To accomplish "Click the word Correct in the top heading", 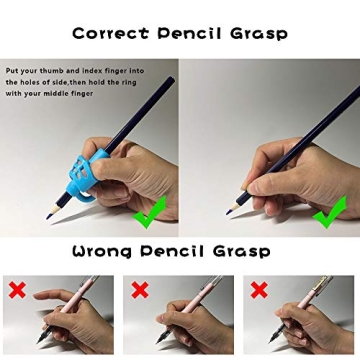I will pos(111,32).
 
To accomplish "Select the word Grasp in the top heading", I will pos(258,32).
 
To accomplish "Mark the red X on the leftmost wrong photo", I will pos(18,290).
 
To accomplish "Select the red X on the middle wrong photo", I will pos(139,290).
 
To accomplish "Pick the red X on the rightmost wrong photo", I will pos(259,290).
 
